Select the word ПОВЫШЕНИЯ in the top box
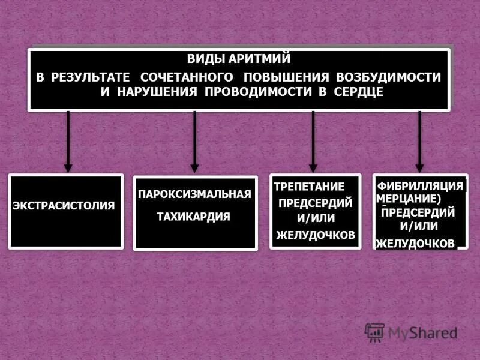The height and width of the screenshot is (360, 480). click(x=281, y=77)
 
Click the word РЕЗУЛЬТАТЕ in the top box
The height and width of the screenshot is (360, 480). click(x=91, y=77)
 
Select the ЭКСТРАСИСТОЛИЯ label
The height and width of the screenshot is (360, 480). click(x=64, y=205)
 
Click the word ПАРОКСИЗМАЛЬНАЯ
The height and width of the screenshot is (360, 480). click(x=194, y=194)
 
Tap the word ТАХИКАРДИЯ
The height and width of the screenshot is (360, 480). click(x=193, y=217)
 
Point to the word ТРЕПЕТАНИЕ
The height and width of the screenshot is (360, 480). click(x=310, y=187)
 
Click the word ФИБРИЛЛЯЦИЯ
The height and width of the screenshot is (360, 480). click(x=421, y=186)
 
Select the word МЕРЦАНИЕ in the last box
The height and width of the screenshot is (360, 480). click(x=409, y=198)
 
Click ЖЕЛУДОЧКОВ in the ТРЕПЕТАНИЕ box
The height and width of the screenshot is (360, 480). click(x=316, y=235)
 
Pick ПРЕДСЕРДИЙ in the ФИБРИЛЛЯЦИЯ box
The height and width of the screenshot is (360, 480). click(x=418, y=212)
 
